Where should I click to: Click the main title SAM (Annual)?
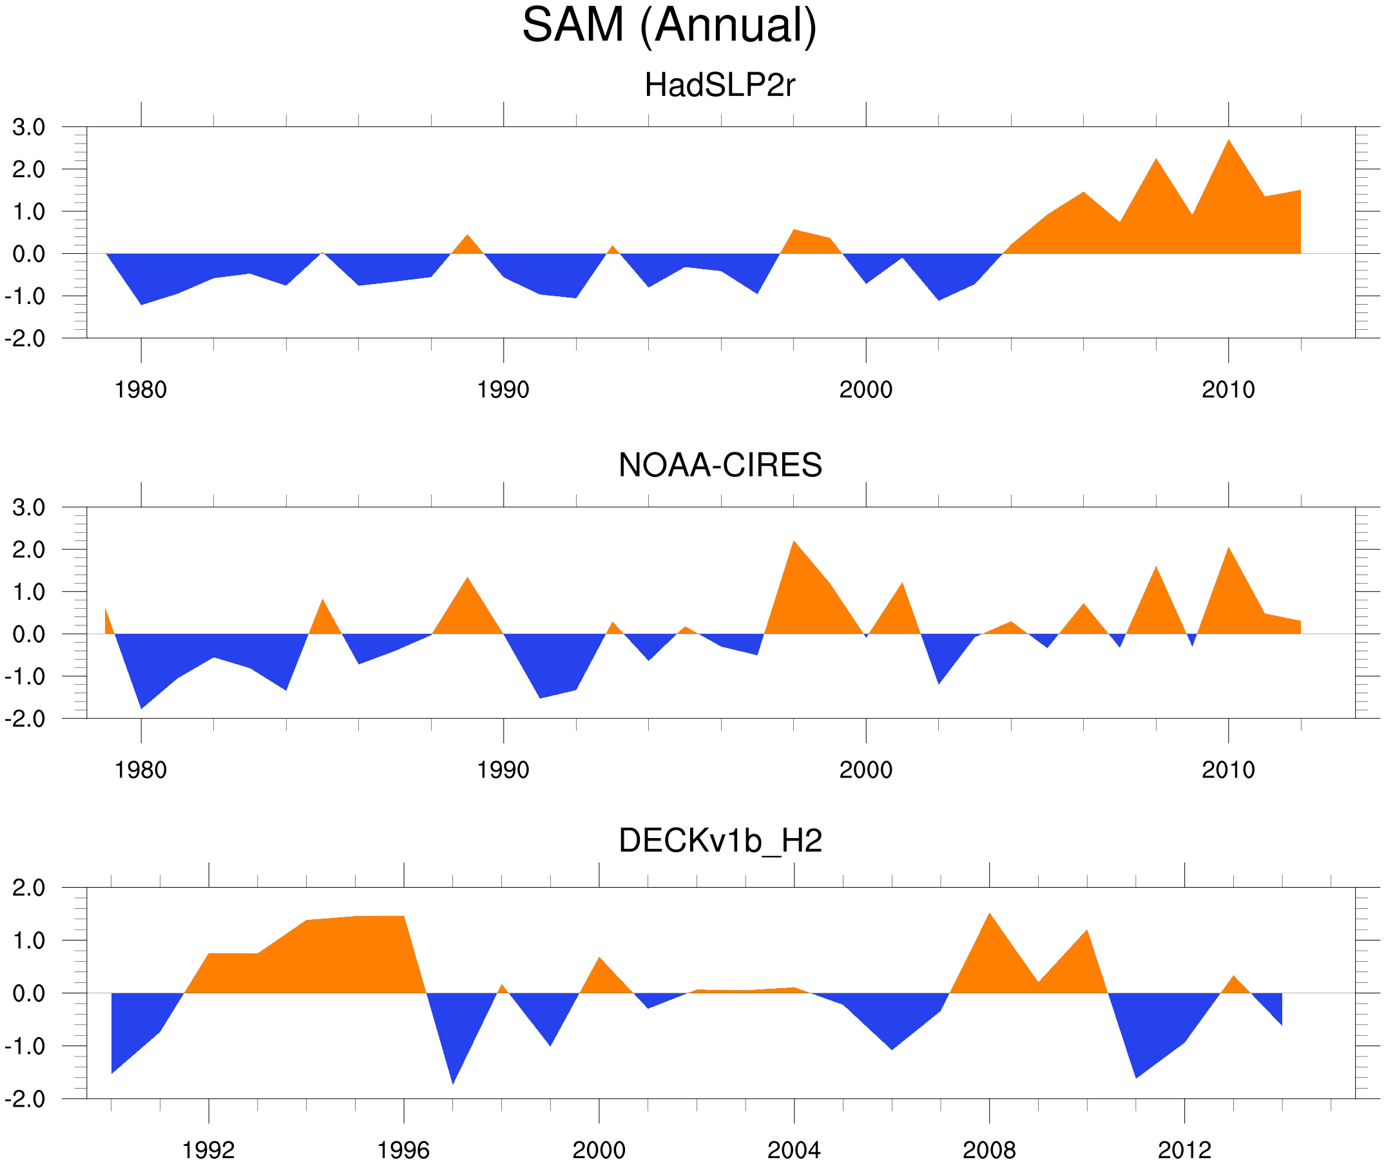pos(669,25)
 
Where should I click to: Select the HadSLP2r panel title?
pos(719,85)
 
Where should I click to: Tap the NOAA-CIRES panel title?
pos(720,465)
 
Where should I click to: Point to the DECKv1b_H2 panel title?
pos(720,841)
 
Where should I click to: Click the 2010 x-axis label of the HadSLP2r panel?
pos(1227,390)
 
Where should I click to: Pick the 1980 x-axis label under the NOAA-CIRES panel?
pos(140,770)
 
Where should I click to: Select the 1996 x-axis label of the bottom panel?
pos(403,1150)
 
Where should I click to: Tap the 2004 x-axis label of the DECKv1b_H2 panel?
pos(793,1150)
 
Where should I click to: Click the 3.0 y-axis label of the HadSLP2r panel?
pos(28,128)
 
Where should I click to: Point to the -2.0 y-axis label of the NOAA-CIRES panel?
pos(25,719)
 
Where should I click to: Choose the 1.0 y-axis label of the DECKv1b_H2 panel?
pos(28,940)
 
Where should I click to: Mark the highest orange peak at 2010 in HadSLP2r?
pos(1228,141)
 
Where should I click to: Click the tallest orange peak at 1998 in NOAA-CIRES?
pos(794,542)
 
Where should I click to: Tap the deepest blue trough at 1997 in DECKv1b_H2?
pos(453,1082)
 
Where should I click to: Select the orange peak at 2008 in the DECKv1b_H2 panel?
pos(989,915)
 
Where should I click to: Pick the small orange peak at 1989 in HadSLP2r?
pos(467,236)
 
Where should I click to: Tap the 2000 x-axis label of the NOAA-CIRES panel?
pos(865,770)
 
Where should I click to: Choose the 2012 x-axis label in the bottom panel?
pos(1184,1150)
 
